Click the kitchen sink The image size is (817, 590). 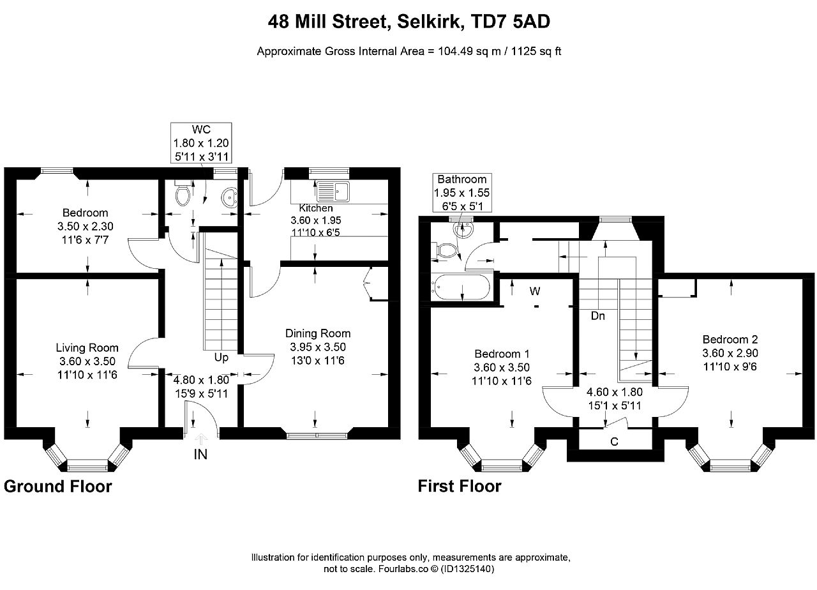pos(333,191)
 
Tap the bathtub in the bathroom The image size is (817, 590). pos(461,287)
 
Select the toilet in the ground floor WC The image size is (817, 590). pos(182,193)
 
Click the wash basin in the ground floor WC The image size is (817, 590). pos(229,198)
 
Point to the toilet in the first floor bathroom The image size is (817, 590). pos(444,251)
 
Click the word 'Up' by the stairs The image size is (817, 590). pos(221,358)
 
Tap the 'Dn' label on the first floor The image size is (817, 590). pos(598,315)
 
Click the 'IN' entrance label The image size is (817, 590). pos(200,454)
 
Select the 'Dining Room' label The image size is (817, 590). pos(318,333)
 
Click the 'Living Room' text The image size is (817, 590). pos(87,348)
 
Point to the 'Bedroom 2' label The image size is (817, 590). pos(730,339)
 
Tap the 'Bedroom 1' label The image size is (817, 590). pos(502,354)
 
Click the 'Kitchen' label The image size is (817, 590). pos(316,208)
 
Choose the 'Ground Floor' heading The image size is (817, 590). pos(58,487)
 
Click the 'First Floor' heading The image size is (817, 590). pos(460,486)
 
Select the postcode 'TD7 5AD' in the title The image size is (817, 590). pos(511,22)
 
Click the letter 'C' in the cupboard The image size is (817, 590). pos(614,442)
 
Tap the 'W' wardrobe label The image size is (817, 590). pos(535,291)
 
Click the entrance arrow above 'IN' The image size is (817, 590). pos(201,438)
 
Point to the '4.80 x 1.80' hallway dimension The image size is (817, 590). pos(201,380)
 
